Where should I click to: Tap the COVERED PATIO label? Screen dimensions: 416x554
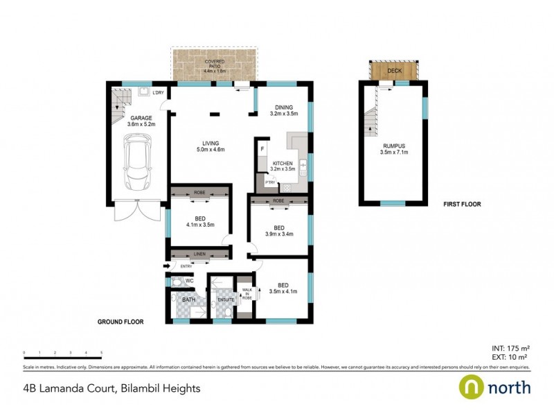(x=214, y=67)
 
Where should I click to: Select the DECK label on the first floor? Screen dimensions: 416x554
(x=394, y=70)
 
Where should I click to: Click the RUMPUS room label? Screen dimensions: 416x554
(x=392, y=149)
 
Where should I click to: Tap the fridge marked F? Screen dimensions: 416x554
(x=262, y=149)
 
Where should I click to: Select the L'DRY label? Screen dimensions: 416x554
(x=159, y=93)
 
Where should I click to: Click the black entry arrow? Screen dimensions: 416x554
(x=166, y=266)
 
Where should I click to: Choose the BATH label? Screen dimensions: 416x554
(x=188, y=300)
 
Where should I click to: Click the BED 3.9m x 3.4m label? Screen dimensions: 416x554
(x=278, y=231)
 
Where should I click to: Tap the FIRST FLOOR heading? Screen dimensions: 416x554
(x=462, y=205)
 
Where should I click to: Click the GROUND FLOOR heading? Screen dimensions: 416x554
(x=119, y=322)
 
